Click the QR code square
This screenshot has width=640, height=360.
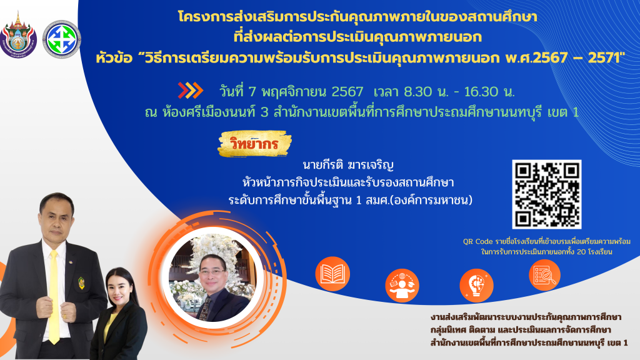546,194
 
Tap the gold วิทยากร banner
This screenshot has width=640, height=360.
255,144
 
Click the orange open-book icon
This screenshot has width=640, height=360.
332,274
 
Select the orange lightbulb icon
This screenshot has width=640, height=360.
476,285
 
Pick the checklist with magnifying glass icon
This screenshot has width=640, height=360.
544,275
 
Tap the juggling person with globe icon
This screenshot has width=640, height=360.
402,285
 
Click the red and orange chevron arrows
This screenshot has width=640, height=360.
190,91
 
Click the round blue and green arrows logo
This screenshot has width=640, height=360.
62,39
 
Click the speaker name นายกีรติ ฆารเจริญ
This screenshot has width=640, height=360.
347,165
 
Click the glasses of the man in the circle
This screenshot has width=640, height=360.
212,271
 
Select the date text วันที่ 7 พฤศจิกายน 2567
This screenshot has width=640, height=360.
291,91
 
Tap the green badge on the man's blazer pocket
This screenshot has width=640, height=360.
81,283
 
